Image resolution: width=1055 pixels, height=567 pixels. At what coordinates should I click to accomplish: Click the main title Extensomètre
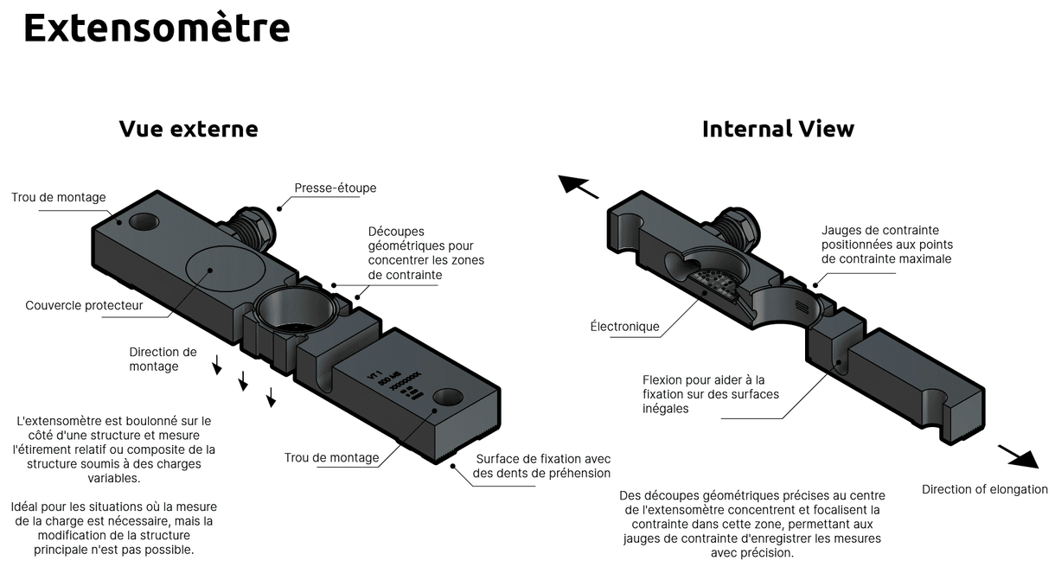tap(157, 29)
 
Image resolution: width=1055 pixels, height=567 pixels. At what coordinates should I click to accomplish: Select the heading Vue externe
tap(189, 129)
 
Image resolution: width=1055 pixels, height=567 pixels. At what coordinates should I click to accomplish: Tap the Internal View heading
tap(777, 129)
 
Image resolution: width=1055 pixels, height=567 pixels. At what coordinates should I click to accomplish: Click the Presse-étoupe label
tap(335, 188)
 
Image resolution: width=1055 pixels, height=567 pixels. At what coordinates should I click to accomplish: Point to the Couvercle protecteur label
tap(84, 305)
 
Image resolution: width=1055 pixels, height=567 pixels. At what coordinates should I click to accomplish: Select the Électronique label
tap(624, 327)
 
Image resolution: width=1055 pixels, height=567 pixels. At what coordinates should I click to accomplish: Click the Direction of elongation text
tap(984, 489)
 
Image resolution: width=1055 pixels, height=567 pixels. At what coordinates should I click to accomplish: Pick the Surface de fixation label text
tap(542, 466)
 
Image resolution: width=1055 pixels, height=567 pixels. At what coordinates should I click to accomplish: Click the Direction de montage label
tap(163, 359)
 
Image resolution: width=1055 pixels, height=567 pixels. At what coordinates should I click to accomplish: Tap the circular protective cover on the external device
tap(221, 269)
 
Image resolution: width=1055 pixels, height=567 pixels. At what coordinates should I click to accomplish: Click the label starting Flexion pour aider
tap(710, 394)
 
